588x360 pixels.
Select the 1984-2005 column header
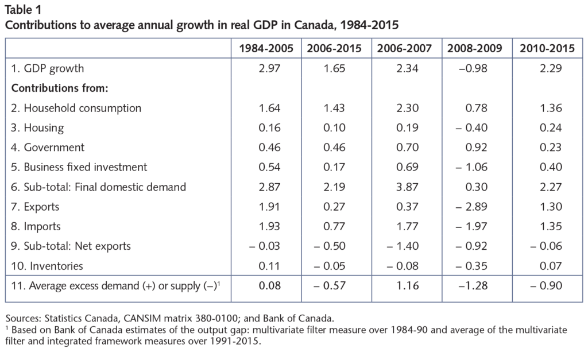(x=266, y=49)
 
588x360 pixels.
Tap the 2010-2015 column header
(x=546, y=49)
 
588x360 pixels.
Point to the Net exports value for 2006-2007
(x=405, y=246)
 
